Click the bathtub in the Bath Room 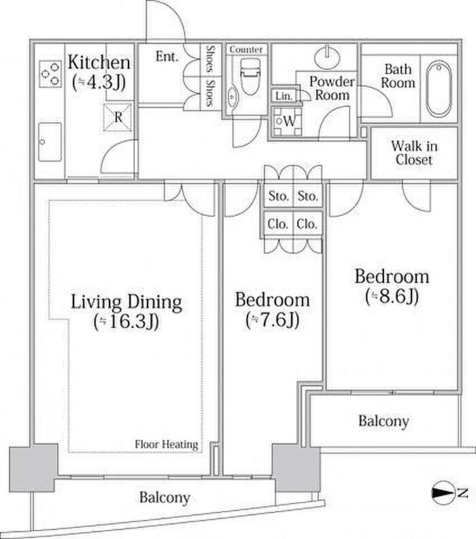pyautogui.click(x=438, y=89)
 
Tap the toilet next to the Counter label pyautogui.click(x=250, y=77)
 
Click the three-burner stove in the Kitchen pyautogui.click(x=50, y=73)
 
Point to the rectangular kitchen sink pyautogui.click(x=50, y=142)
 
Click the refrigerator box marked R pyautogui.click(x=118, y=117)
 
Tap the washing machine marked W pyautogui.click(x=287, y=121)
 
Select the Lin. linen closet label pyautogui.click(x=284, y=95)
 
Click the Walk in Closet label pyautogui.click(x=414, y=153)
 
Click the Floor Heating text pyautogui.click(x=167, y=444)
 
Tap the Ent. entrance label pyautogui.click(x=167, y=56)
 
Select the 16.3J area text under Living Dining pyautogui.click(x=126, y=322)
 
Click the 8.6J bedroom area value pyautogui.click(x=392, y=296)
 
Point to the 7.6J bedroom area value pyautogui.click(x=273, y=320)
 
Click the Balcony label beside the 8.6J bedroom pyautogui.click(x=384, y=421)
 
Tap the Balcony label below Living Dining pyautogui.click(x=165, y=497)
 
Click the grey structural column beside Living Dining pyautogui.click(x=33, y=468)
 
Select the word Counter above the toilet pyautogui.click(x=246, y=50)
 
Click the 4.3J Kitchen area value pyautogui.click(x=99, y=82)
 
